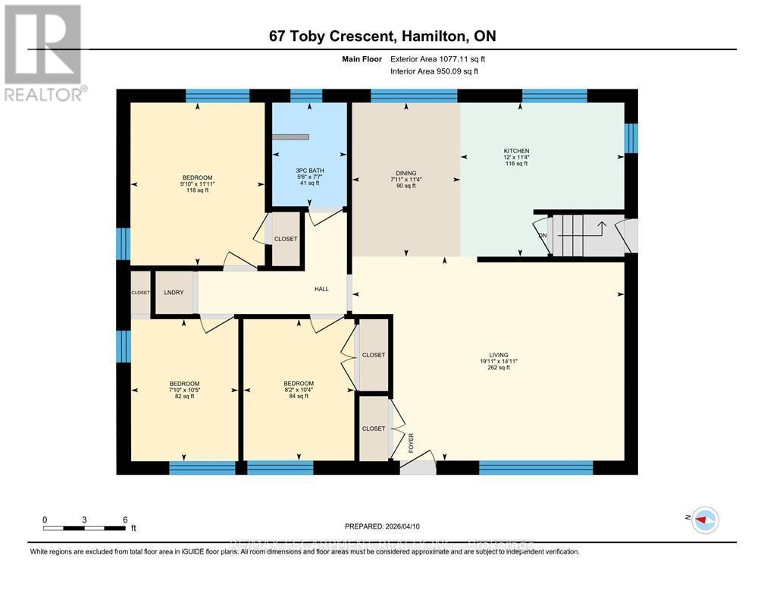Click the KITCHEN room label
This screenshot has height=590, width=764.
click(516, 151)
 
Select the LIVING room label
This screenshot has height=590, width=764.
click(498, 354)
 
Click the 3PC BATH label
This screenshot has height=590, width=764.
click(308, 170)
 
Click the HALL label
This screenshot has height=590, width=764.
click(321, 289)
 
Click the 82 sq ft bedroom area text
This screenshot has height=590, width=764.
click(184, 396)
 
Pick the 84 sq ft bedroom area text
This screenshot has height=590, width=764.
click(298, 396)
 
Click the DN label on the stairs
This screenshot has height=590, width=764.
click(542, 235)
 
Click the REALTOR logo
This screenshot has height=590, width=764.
click(44, 52)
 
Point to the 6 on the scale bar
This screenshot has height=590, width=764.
click(124, 519)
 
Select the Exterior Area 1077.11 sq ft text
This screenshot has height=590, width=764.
click(434, 58)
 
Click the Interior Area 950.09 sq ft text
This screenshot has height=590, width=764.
click(434, 71)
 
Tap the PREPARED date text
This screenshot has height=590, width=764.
click(381, 526)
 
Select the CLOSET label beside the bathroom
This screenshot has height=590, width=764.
click(286, 239)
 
